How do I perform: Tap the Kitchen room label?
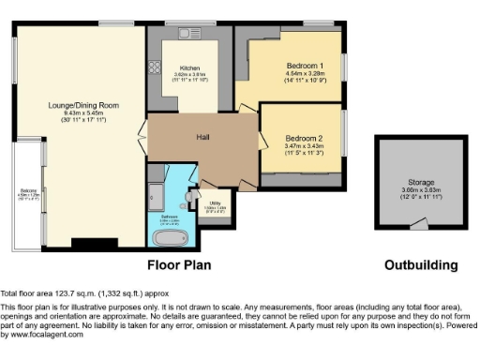pyautogui.click(x=190, y=68)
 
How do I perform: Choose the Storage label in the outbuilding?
pyautogui.click(x=421, y=183)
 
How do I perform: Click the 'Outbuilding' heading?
pyautogui.click(x=421, y=264)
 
